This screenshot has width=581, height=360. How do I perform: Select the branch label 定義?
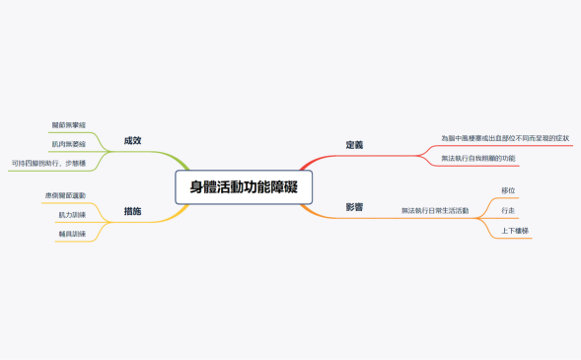coord(354,145)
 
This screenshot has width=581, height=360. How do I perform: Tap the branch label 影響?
coord(354,207)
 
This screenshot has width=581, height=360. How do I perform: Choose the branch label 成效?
coord(132,140)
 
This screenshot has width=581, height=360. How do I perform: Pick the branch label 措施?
coord(132,211)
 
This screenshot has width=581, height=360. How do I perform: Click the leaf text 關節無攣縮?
coord(68,125)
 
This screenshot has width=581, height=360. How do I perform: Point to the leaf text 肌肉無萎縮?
coord(68,144)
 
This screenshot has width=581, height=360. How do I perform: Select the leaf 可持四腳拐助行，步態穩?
coord(48,163)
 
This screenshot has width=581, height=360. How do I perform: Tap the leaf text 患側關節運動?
coord(65,195)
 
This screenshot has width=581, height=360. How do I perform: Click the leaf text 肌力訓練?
coord(71,214)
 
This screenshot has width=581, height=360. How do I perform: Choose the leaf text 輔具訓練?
coord(71,234)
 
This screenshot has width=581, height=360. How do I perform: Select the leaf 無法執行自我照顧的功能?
coord(477,158)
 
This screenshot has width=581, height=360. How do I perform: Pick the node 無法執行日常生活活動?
coord(435,210)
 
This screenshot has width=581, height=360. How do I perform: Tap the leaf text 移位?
coord(508,189)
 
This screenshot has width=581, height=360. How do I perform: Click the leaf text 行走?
coord(508,210)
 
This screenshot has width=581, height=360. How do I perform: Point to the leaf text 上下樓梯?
coord(515,231)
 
